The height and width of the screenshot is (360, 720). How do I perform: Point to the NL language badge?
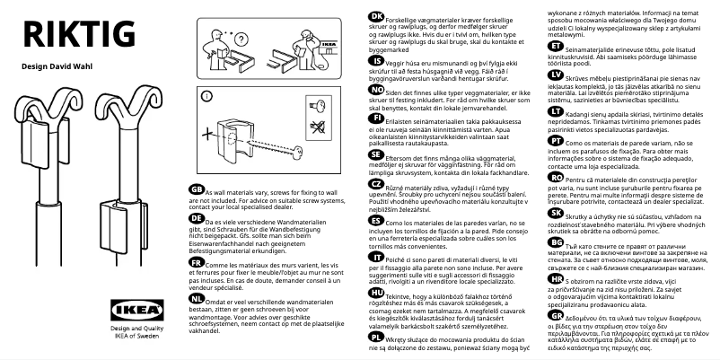tap(197, 297)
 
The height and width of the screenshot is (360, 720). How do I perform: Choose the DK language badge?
tap(377, 19)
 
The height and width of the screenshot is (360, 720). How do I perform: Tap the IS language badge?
tap(376, 64)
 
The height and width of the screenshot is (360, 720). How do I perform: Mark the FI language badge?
tap(376, 117)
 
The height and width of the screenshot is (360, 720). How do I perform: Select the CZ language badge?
tap(376, 183)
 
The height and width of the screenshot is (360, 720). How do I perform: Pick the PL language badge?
tap(376, 340)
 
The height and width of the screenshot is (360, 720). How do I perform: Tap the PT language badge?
tap(557, 142)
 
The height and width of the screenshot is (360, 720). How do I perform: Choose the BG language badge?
tap(557, 242)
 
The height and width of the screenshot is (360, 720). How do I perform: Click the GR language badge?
tap(557, 314)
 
